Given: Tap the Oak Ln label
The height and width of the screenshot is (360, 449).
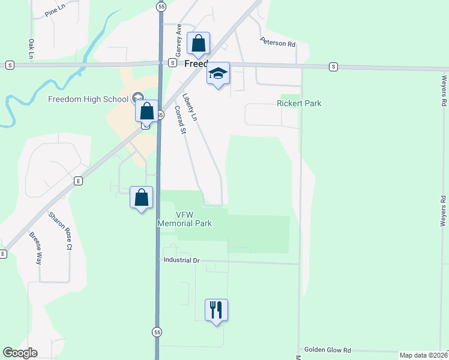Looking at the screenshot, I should [31, 49].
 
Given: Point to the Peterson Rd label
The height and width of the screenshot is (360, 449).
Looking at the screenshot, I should [278, 43].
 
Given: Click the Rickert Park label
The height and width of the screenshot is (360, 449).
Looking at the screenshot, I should [299, 103].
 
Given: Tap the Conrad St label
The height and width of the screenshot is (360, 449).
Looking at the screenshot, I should [179, 120].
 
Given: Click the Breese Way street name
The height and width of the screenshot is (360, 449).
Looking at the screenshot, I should [35, 249].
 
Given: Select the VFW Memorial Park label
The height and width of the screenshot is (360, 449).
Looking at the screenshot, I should [185, 219].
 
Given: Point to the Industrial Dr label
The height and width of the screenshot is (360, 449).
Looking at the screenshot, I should [181, 260].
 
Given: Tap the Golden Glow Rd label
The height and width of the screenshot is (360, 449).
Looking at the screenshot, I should [327, 350].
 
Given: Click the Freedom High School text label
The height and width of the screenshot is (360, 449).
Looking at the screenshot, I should [88, 99].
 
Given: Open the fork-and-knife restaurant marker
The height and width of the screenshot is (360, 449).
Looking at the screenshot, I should [216, 310].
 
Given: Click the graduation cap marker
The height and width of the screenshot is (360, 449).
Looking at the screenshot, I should [218, 73].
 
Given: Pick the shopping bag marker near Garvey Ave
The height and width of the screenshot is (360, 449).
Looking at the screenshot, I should [199, 43].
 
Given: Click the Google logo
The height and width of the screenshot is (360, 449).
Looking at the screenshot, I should [20, 353].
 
